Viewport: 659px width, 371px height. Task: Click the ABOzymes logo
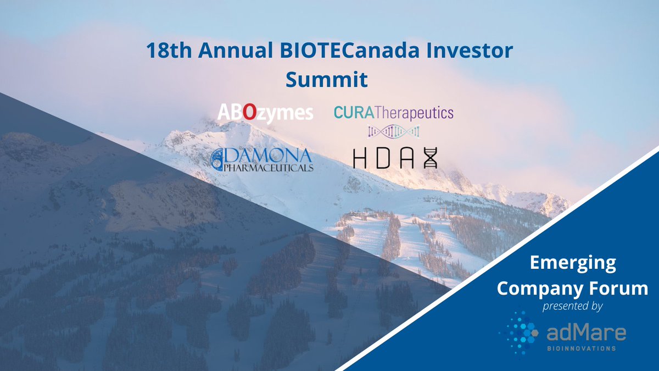[x=265, y=113]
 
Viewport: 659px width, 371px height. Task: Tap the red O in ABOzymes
[x=249, y=113]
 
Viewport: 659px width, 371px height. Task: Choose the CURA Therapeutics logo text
[x=393, y=113]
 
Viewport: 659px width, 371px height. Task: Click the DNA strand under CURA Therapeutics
[x=393, y=131]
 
